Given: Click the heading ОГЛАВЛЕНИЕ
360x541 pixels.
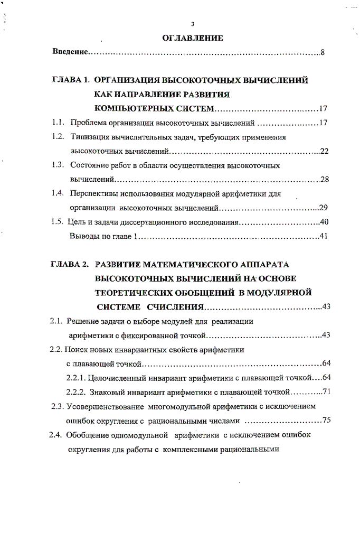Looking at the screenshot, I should pos(193,38).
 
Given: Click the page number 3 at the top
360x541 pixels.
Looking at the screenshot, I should pos(193,24).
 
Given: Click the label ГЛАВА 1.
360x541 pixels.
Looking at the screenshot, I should pos(72,80).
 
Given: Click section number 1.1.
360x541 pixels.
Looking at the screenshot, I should pos(58,123).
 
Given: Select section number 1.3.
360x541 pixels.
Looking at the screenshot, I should pos(58,165).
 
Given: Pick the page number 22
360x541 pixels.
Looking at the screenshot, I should pos(324,152).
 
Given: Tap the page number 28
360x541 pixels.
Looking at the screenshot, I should pos(325,180).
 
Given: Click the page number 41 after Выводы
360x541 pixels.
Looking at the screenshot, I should pos(324,236).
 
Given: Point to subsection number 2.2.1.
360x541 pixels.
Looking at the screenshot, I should pos(77,377).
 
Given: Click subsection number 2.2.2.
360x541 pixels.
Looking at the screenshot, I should pos(77,392).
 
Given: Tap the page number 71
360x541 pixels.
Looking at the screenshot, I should pos(326,392).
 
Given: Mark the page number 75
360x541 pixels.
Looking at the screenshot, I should pos(326,421).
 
